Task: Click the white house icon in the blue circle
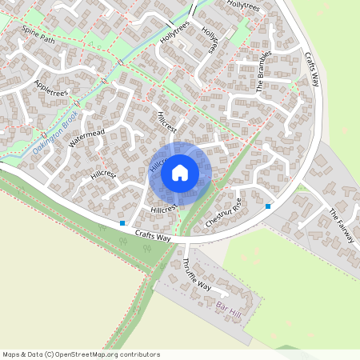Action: tap(180, 172)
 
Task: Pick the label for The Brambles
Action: tap(266, 71)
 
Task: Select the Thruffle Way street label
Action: tap(197, 274)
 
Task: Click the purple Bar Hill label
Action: tap(229, 306)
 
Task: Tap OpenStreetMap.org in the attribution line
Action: tap(86, 354)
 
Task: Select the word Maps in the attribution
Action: tap(10, 354)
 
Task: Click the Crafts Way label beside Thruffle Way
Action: tap(153, 237)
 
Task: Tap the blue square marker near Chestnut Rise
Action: tap(268, 206)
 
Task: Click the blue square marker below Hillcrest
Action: tap(122, 223)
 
